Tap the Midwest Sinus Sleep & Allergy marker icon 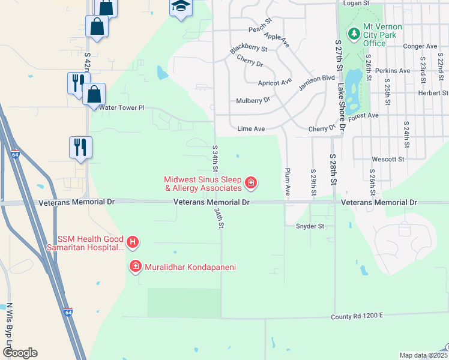[x=250, y=183]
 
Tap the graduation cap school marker [x=179, y=7]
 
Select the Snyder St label [x=310, y=226]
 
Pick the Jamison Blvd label [x=316, y=82]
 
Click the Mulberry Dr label [x=254, y=101]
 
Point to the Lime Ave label [x=251, y=128]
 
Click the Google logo [x=20, y=353]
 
